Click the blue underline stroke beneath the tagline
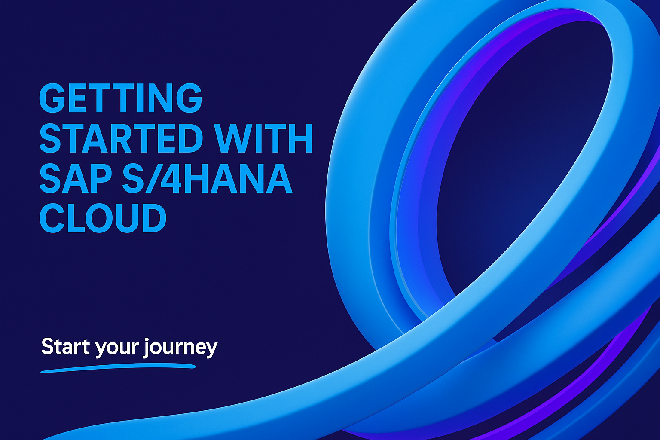(118, 368)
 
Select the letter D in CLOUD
(153, 219)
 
